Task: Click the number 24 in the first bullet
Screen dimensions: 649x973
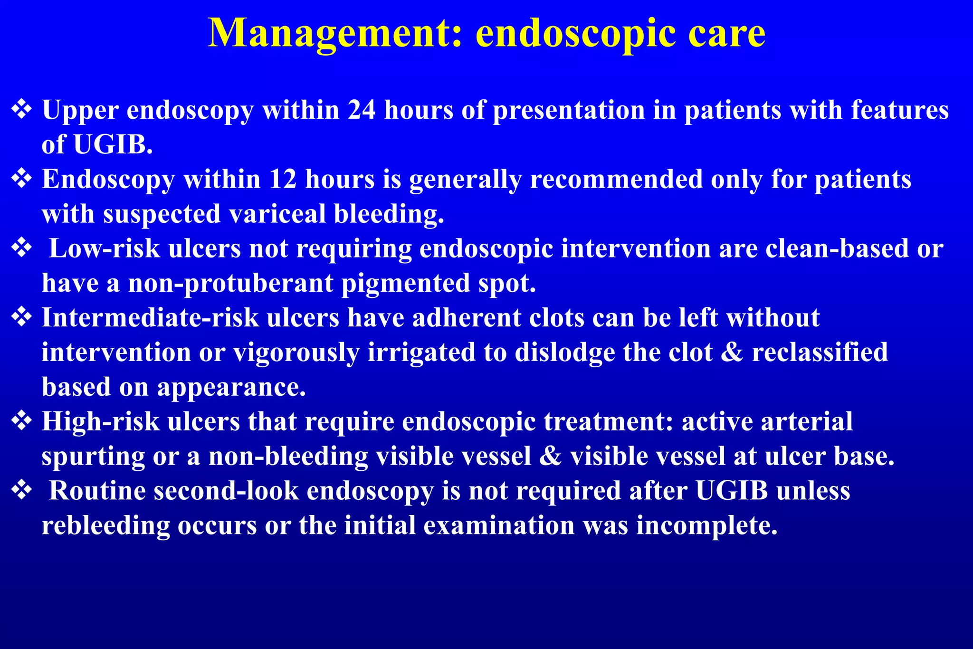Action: tap(362, 110)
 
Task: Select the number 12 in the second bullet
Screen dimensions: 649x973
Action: tap(283, 180)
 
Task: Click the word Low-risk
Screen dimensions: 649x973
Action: tap(105, 248)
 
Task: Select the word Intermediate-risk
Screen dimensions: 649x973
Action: tap(150, 318)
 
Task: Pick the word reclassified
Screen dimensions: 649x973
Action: tap(820, 353)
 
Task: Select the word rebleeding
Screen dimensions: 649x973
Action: tap(106, 526)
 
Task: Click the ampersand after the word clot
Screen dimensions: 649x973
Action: tap(732, 353)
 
